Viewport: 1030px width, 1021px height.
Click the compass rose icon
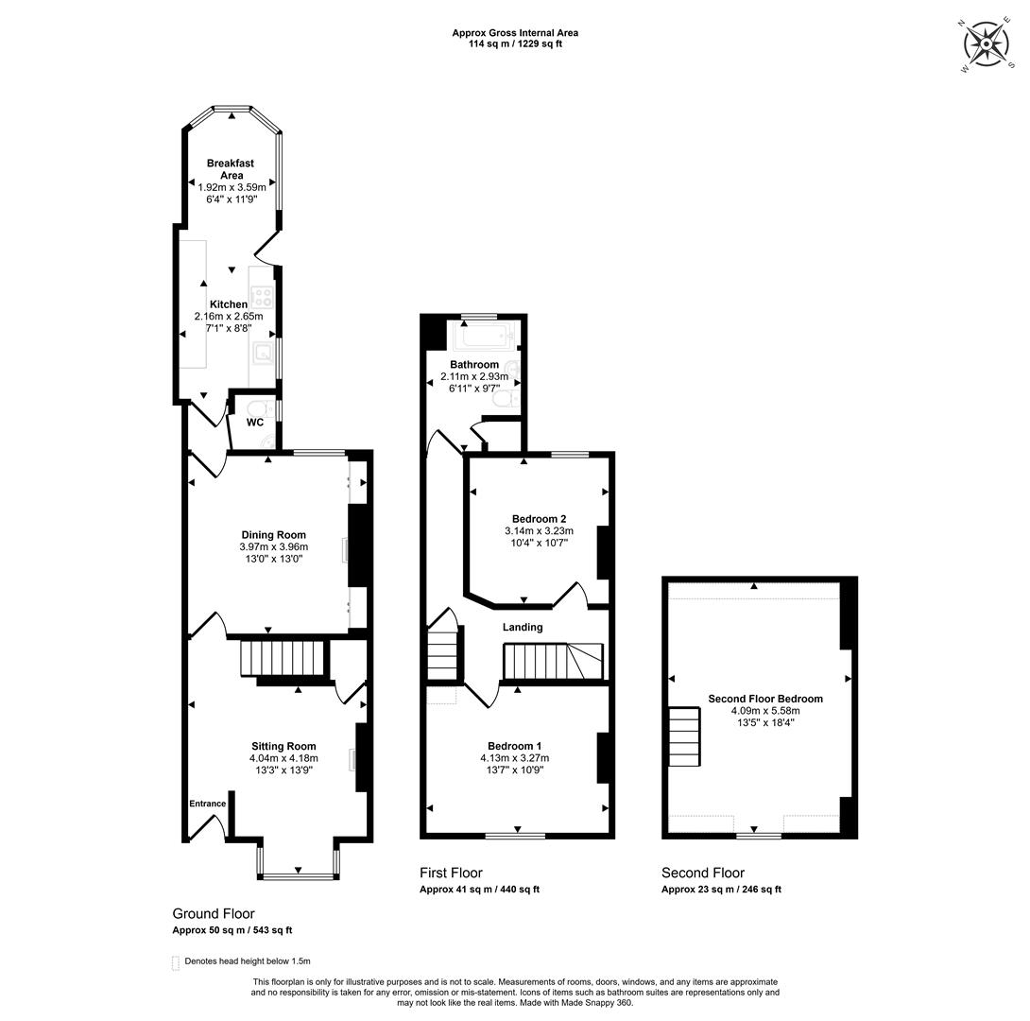point(986,44)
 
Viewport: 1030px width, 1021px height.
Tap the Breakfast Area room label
point(231,169)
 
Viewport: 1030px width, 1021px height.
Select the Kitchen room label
point(229,304)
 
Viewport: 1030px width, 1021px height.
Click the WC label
point(255,422)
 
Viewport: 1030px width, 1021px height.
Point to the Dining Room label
point(273,535)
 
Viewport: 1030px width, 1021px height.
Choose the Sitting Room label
point(283,746)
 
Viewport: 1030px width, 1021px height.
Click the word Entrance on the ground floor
point(208,804)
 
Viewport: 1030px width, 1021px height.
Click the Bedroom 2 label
point(540,519)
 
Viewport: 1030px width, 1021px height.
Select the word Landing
point(523,627)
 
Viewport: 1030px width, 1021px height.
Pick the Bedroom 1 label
point(515,746)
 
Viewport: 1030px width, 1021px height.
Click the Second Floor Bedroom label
point(765,699)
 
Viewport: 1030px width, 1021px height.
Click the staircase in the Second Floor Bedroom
point(684,736)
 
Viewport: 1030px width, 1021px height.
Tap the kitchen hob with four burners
point(263,296)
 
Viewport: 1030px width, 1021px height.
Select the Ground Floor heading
point(214,913)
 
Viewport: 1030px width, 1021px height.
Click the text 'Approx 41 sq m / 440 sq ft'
point(479,890)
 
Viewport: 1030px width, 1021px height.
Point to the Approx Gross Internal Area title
point(515,33)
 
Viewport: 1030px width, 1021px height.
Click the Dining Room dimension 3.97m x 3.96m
point(274,546)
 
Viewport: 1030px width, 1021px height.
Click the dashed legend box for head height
point(176,963)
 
